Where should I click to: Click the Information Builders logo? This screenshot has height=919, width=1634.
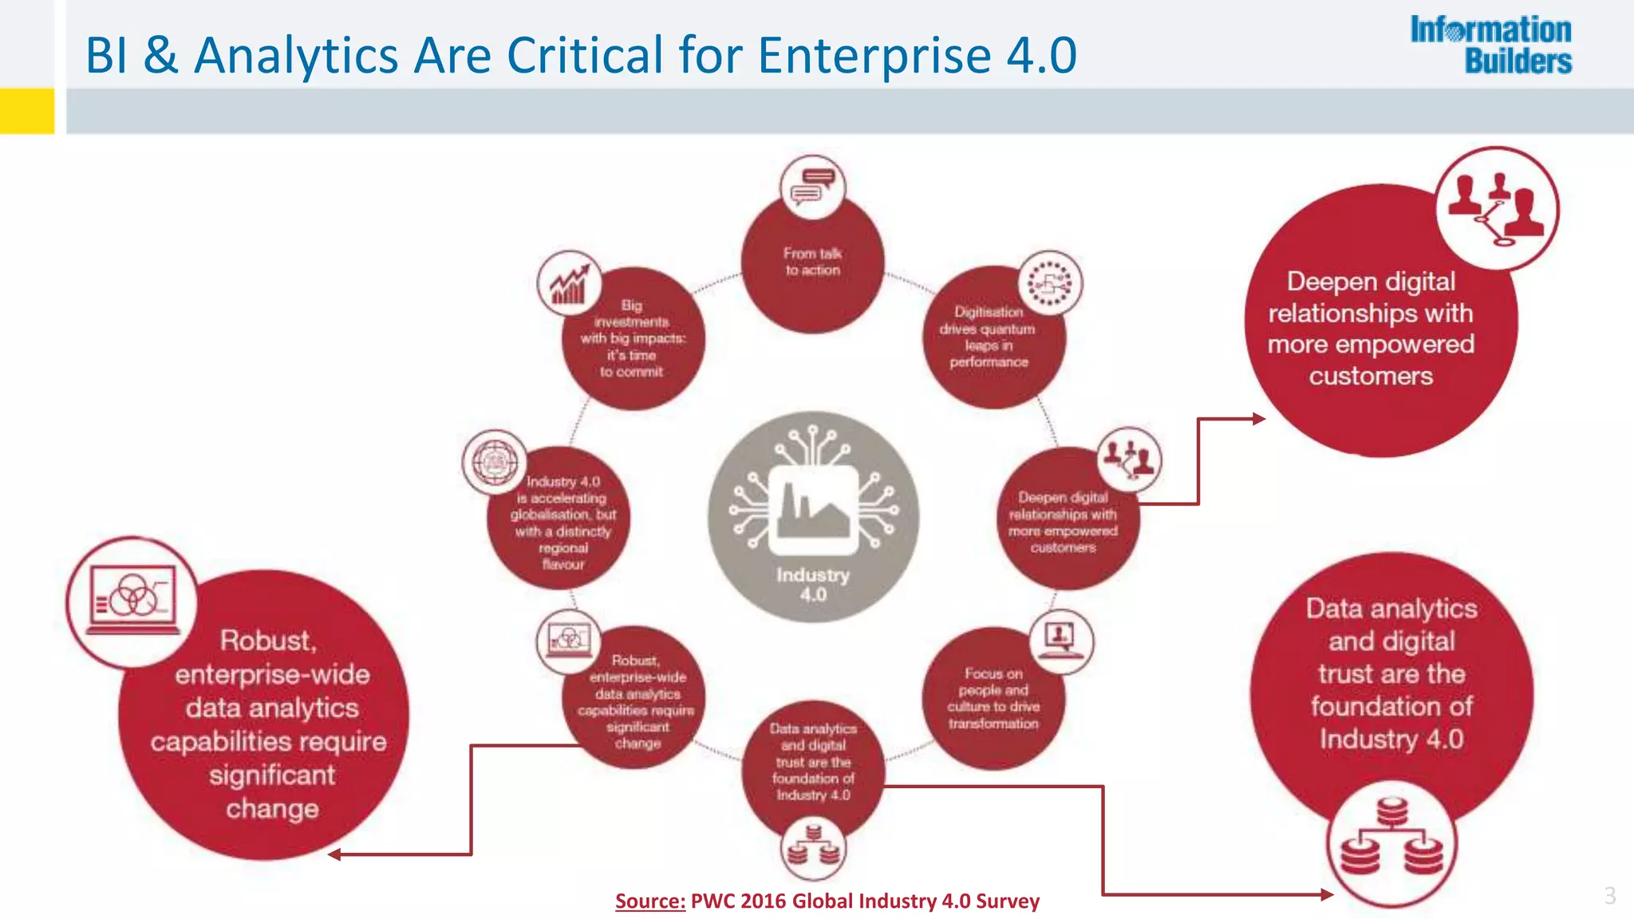pyautogui.click(x=1490, y=45)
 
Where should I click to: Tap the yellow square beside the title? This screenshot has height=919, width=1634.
pyautogui.click(x=27, y=110)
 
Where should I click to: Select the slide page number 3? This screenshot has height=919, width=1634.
pyautogui.click(x=1610, y=895)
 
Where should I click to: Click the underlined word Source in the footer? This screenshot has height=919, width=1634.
pyautogui.click(x=649, y=901)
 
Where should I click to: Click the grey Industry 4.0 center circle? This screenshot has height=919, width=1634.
pyautogui.click(x=813, y=517)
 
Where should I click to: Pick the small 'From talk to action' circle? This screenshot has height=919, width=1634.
pyautogui.click(x=812, y=263)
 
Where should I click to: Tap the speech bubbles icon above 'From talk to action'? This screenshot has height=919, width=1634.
pyautogui.click(x=812, y=187)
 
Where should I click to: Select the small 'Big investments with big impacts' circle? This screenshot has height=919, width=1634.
pyautogui.click(x=633, y=339)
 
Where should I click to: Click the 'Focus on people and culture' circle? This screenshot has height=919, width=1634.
pyautogui.click(x=993, y=699)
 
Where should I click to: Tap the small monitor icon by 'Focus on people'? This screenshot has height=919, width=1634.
pyautogui.click(x=1060, y=641)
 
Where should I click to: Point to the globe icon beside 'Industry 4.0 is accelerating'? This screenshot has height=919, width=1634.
pyautogui.click(x=495, y=462)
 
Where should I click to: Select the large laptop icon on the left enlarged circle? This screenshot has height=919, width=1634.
pyautogui.click(x=132, y=601)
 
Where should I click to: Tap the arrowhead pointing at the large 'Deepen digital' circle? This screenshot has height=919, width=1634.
pyautogui.click(x=1259, y=419)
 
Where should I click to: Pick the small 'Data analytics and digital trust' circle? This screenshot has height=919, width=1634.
pyautogui.click(x=813, y=762)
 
